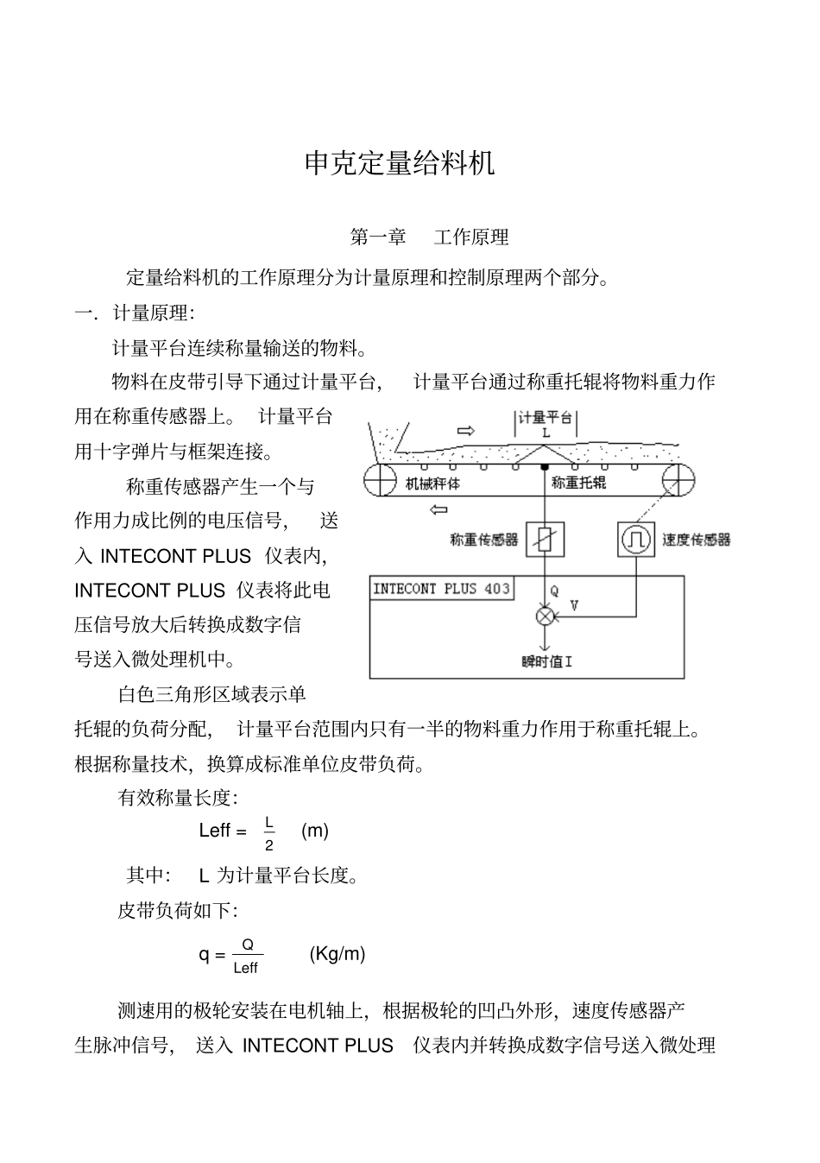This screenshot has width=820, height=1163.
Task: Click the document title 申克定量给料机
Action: pos(400,162)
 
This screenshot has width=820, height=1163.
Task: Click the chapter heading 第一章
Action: pos(377,237)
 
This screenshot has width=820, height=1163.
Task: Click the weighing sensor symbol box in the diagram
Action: pos(545,540)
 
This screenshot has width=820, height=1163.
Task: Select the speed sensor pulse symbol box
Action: pos(637,540)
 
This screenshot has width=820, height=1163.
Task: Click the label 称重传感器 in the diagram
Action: pos(484,540)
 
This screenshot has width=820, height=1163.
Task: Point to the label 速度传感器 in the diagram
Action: pos(697,540)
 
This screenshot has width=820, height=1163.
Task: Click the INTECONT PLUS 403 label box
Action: pos(441,589)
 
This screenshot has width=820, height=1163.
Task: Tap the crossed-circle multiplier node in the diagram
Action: pos(545,616)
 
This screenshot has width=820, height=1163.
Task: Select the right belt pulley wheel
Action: pos(678,479)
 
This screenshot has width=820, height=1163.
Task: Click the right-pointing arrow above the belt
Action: pos(465,430)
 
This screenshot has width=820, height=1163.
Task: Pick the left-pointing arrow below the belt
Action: pos(438,509)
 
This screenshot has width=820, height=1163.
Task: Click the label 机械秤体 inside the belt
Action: pos(432,484)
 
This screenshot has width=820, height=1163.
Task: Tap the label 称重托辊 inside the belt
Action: pos(578,483)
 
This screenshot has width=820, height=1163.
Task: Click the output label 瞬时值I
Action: pos(547,661)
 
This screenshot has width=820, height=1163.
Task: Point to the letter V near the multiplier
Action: pos(574,606)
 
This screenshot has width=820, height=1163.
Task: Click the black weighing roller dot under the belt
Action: pos(545,467)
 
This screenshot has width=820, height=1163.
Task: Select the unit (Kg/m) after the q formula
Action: pos(337,953)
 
